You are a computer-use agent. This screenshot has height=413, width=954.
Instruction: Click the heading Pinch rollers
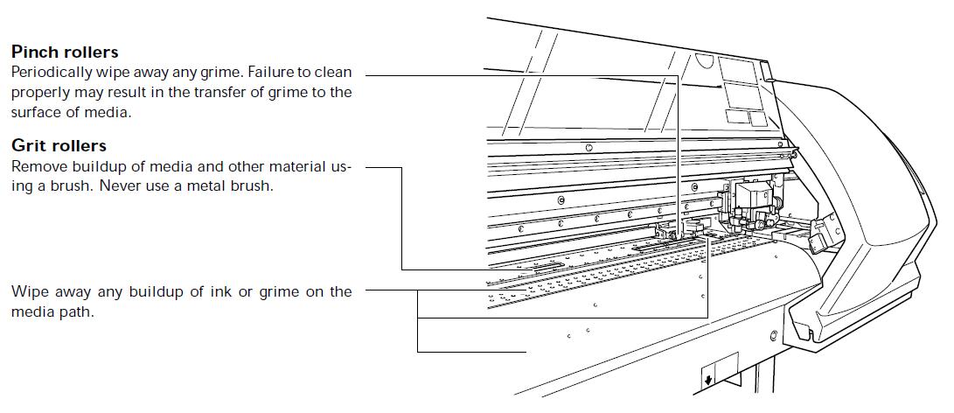pyautogui.click(x=65, y=52)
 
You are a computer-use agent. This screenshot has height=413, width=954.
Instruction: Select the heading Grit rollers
pyautogui.click(x=59, y=145)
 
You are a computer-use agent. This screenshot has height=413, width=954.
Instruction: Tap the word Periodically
pyautogui.click(x=51, y=73)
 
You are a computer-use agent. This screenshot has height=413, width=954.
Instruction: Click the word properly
pyautogui.click(x=38, y=94)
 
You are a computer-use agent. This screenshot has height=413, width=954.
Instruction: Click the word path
pyautogui.click(x=79, y=311)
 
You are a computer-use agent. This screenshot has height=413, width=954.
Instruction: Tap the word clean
pyautogui.click(x=333, y=73)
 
